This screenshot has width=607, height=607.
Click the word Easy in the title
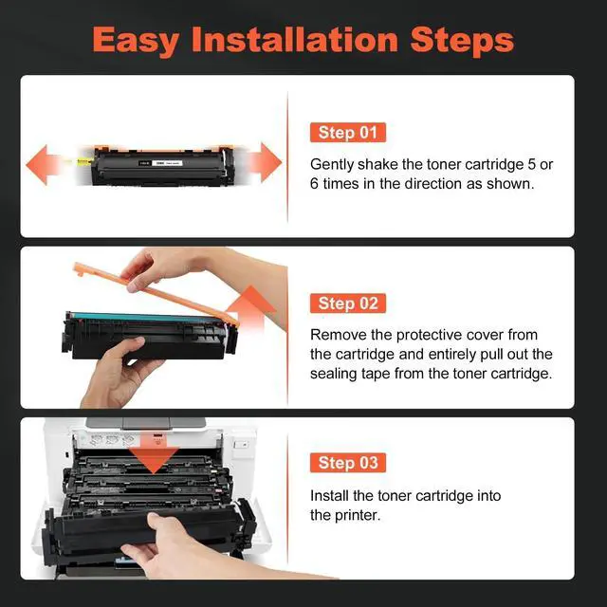136,41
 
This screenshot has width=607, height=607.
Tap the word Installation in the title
295,39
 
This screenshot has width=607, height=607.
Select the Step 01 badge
348,133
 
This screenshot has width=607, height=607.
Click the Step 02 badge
348,303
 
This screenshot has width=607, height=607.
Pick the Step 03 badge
348,463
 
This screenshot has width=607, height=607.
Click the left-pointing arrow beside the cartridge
43,164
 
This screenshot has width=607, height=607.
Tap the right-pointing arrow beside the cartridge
264,162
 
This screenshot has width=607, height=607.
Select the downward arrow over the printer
154,453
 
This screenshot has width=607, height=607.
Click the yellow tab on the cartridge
85,162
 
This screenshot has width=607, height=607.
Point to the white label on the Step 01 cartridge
167,163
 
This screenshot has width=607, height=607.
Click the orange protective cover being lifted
155,290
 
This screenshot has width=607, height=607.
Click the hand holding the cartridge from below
116,372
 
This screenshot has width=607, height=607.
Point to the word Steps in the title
462,40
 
